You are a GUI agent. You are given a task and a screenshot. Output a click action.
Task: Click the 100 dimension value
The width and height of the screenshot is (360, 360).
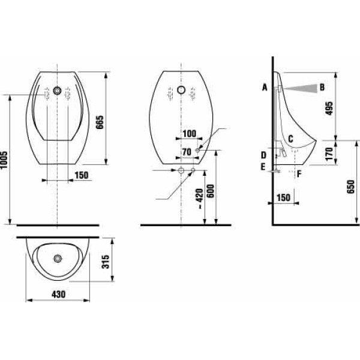pos(189,133)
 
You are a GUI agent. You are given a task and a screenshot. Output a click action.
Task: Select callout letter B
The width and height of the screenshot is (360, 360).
pos(322,88)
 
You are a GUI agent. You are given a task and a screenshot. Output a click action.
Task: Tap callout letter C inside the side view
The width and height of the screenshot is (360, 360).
pos(290,139)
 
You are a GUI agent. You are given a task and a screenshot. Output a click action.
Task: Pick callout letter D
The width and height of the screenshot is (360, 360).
pos(263,155)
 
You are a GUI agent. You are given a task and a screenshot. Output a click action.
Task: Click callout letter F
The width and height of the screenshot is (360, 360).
pos(299,175)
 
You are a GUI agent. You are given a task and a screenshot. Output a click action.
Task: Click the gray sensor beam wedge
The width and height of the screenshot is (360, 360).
pos(304,88)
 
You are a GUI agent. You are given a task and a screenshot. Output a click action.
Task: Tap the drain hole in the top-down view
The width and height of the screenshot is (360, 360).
pos(58,259)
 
